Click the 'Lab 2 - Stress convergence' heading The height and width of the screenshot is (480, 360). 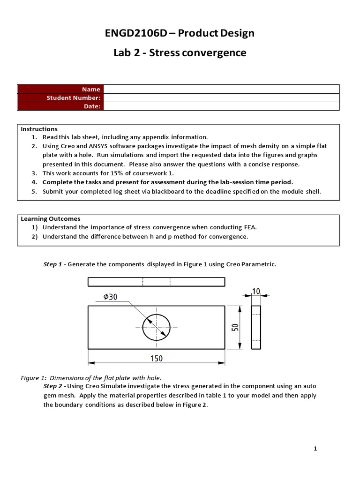click(180, 52)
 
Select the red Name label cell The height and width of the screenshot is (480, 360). click(60, 89)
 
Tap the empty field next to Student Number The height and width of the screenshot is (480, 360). click(221, 97)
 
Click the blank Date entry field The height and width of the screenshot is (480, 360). click(221, 106)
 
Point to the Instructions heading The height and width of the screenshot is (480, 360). click(39, 129)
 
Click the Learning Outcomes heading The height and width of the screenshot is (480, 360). click(51, 218)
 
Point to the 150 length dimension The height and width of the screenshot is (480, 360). click(156, 359)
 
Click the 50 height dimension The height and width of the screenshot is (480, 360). click(235, 328)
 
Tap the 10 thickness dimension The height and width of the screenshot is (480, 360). click(256, 291)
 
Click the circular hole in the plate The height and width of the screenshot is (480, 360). click(156, 328)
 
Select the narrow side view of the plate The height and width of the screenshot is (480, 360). click(256, 328)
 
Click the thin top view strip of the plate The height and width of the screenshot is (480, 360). click(156, 282)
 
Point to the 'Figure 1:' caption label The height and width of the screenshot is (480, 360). click(34, 378)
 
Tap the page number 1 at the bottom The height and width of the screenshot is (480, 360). click(315, 449)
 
